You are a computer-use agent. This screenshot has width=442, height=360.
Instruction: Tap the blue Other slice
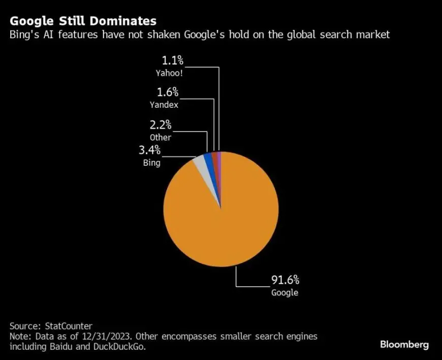tap(208, 159)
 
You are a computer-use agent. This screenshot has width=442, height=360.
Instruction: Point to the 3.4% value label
tap(149, 151)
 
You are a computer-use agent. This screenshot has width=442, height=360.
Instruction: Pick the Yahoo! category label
tap(170, 73)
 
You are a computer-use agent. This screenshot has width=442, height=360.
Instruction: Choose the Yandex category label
tap(165, 105)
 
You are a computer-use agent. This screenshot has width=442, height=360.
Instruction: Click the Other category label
tap(161, 137)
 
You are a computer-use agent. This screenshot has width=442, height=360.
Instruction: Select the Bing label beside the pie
tap(152, 163)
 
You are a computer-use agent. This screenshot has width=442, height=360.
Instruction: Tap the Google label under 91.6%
tap(285, 292)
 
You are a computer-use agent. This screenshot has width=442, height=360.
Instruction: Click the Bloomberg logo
tap(404, 344)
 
